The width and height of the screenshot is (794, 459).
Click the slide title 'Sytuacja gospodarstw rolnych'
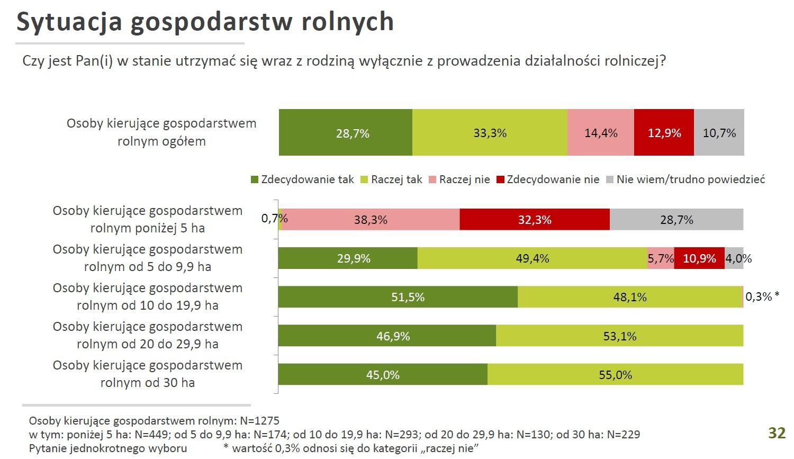[x=205, y=22]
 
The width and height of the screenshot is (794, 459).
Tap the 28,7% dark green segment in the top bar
[x=346, y=133]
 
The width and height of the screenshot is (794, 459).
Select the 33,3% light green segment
[x=490, y=133]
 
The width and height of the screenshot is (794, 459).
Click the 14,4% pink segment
[x=601, y=133]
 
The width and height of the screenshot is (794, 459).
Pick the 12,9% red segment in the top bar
[x=664, y=133]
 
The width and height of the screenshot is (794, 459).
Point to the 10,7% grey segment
[x=719, y=133]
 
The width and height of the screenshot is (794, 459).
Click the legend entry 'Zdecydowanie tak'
[x=302, y=179]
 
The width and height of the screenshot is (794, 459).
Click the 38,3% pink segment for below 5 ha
[x=371, y=220]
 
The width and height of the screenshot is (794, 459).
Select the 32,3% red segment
[x=535, y=220]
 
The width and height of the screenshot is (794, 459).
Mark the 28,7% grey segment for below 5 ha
[x=676, y=220]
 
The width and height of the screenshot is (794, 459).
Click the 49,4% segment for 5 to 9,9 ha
[x=533, y=258]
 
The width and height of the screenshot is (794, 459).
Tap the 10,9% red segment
[x=699, y=258]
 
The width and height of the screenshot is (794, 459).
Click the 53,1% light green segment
[x=620, y=336]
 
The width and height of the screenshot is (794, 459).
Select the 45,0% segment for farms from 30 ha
[x=383, y=375]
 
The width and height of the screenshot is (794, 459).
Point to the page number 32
[x=777, y=433]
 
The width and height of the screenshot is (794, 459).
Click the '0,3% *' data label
[x=762, y=297]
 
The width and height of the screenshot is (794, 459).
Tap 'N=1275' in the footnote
[x=259, y=421]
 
